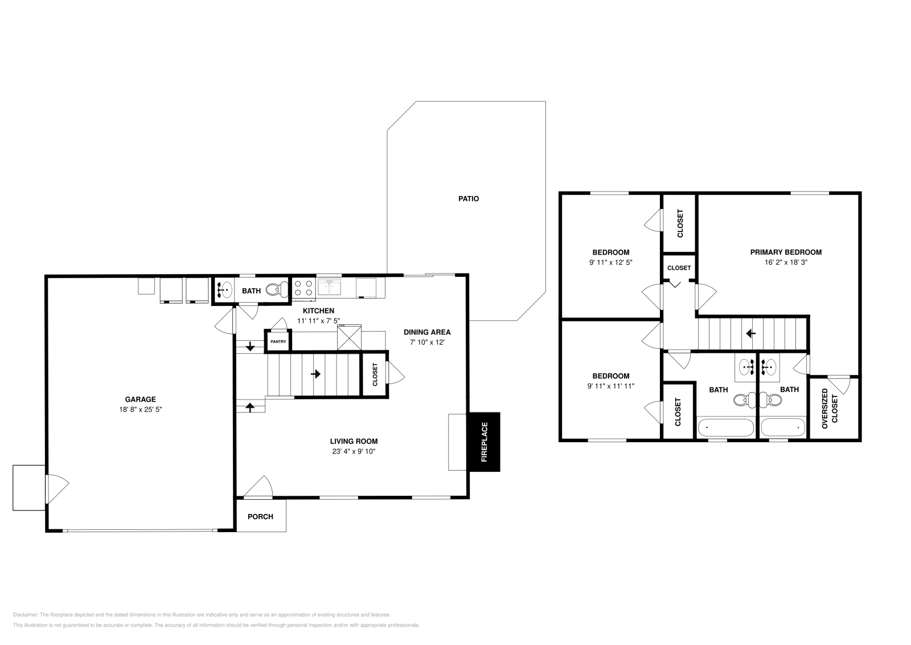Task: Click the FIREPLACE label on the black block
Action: click(x=485, y=442)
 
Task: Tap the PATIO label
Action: click(x=469, y=199)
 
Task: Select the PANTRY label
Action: click(x=278, y=341)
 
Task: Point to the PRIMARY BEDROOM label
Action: click(x=786, y=252)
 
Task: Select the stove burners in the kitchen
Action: click(x=303, y=288)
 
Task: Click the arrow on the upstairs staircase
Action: click(x=751, y=333)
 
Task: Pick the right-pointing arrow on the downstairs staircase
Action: click(x=315, y=374)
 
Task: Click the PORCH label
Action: click(x=260, y=517)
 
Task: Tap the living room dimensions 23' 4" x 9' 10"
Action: click(x=354, y=451)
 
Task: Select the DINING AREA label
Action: click(x=427, y=332)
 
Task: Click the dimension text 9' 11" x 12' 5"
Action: click(x=610, y=263)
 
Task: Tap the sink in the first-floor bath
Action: click(x=224, y=290)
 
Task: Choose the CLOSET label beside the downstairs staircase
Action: click(x=375, y=375)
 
